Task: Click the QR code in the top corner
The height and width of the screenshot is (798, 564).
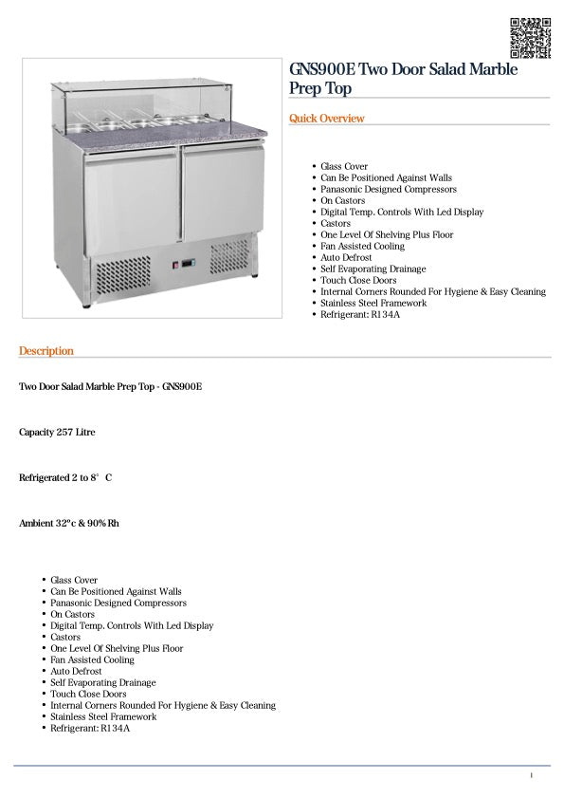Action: pos(530,38)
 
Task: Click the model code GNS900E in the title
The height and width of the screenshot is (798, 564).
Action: pos(323,71)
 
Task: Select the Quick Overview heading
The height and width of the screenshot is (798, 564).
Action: pos(326,119)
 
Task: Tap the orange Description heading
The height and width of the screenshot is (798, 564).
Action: pos(46,351)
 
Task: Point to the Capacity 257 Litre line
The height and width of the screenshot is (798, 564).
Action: pos(57,433)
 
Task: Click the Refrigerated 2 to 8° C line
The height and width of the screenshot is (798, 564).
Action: pos(65,477)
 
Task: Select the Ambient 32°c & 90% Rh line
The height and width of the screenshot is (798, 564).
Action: pos(69,523)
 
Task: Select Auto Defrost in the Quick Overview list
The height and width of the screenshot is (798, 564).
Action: pos(346,257)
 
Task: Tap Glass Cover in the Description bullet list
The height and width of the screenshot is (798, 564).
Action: pos(74,580)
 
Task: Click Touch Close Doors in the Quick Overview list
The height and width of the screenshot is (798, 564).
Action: pos(358,280)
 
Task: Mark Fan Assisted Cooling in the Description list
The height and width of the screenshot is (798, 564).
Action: pos(92,659)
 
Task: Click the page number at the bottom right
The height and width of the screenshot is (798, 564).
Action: pos(531,776)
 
